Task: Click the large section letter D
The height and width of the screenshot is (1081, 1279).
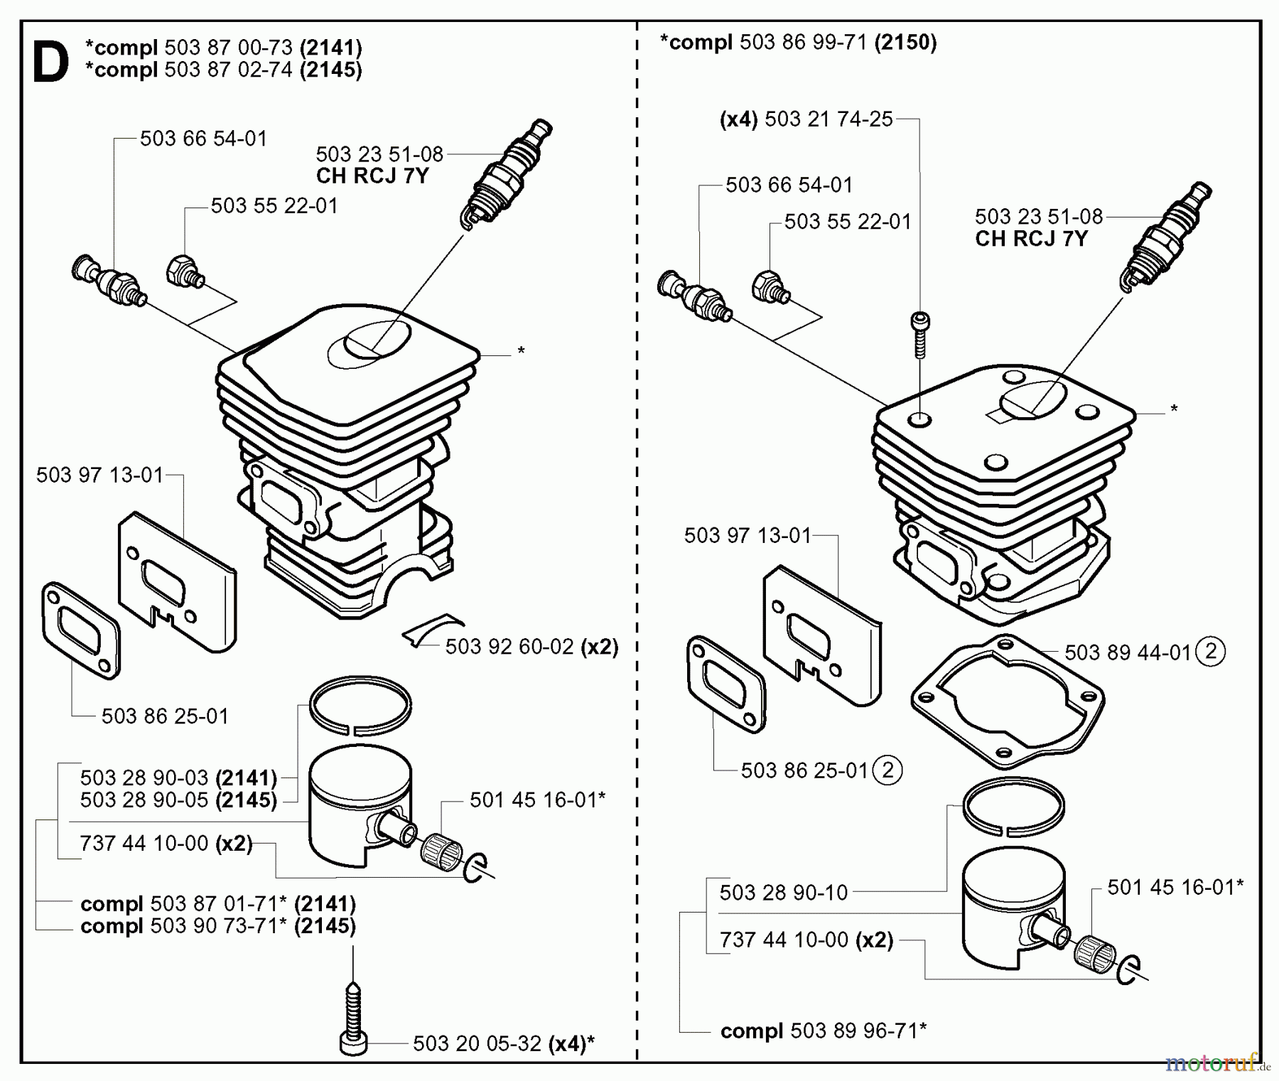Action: [x=51, y=63]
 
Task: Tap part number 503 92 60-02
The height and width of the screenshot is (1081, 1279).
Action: [x=509, y=647]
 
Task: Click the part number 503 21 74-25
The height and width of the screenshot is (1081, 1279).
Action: [x=829, y=119]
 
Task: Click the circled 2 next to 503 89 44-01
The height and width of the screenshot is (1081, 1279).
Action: [x=1211, y=651]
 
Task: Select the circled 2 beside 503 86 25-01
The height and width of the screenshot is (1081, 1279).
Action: [x=887, y=770]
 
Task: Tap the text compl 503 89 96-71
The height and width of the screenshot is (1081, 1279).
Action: [x=823, y=1031]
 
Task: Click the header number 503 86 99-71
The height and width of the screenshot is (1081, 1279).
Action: [x=803, y=43]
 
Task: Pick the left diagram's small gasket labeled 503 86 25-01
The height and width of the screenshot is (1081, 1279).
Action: [x=81, y=629]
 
